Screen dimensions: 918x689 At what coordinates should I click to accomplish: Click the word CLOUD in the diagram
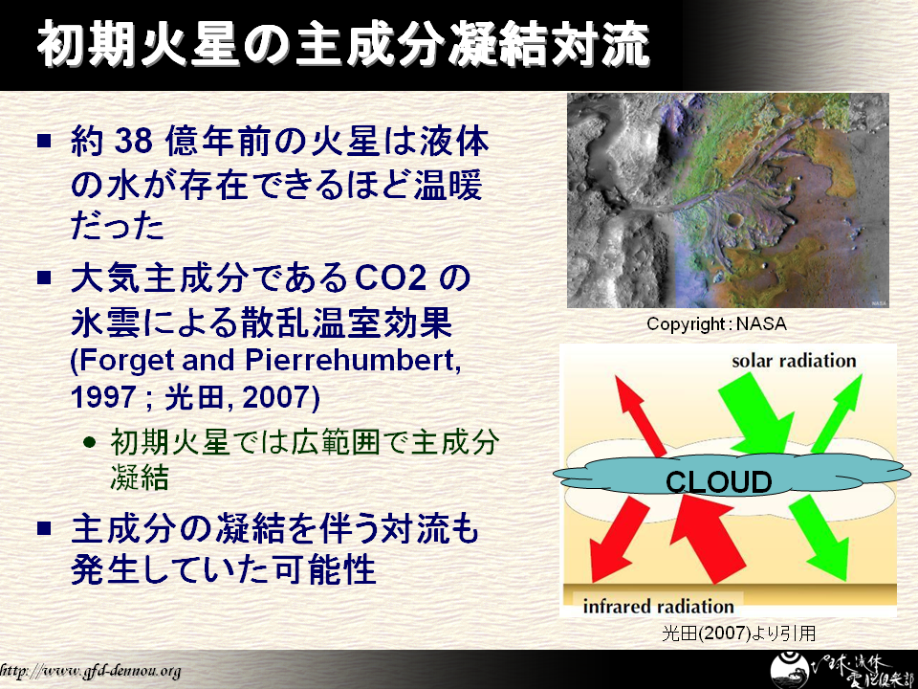pos(718,482)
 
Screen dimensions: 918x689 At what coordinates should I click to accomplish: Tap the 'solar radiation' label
pos(794,361)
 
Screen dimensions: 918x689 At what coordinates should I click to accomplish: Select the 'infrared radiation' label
pos(658,606)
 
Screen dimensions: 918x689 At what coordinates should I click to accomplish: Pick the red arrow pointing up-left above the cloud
pos(640,416)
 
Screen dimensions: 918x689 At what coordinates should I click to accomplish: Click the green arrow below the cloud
pos(820,536)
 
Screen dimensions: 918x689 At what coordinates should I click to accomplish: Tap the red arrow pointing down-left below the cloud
pos(618,539)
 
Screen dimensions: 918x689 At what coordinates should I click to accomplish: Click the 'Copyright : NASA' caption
pos(716,324)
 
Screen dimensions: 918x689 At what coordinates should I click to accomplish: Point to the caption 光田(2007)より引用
pos(739,633)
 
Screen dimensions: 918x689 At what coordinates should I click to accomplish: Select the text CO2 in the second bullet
pos(390,278)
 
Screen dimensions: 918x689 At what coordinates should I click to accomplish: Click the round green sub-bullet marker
pos(90,442)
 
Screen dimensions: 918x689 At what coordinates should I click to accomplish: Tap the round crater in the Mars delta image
pos(734,220)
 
